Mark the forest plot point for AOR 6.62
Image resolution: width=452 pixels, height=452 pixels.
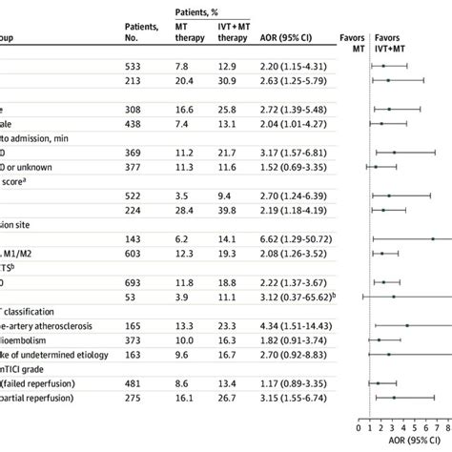pyautogui.click(x=433, y=239)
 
